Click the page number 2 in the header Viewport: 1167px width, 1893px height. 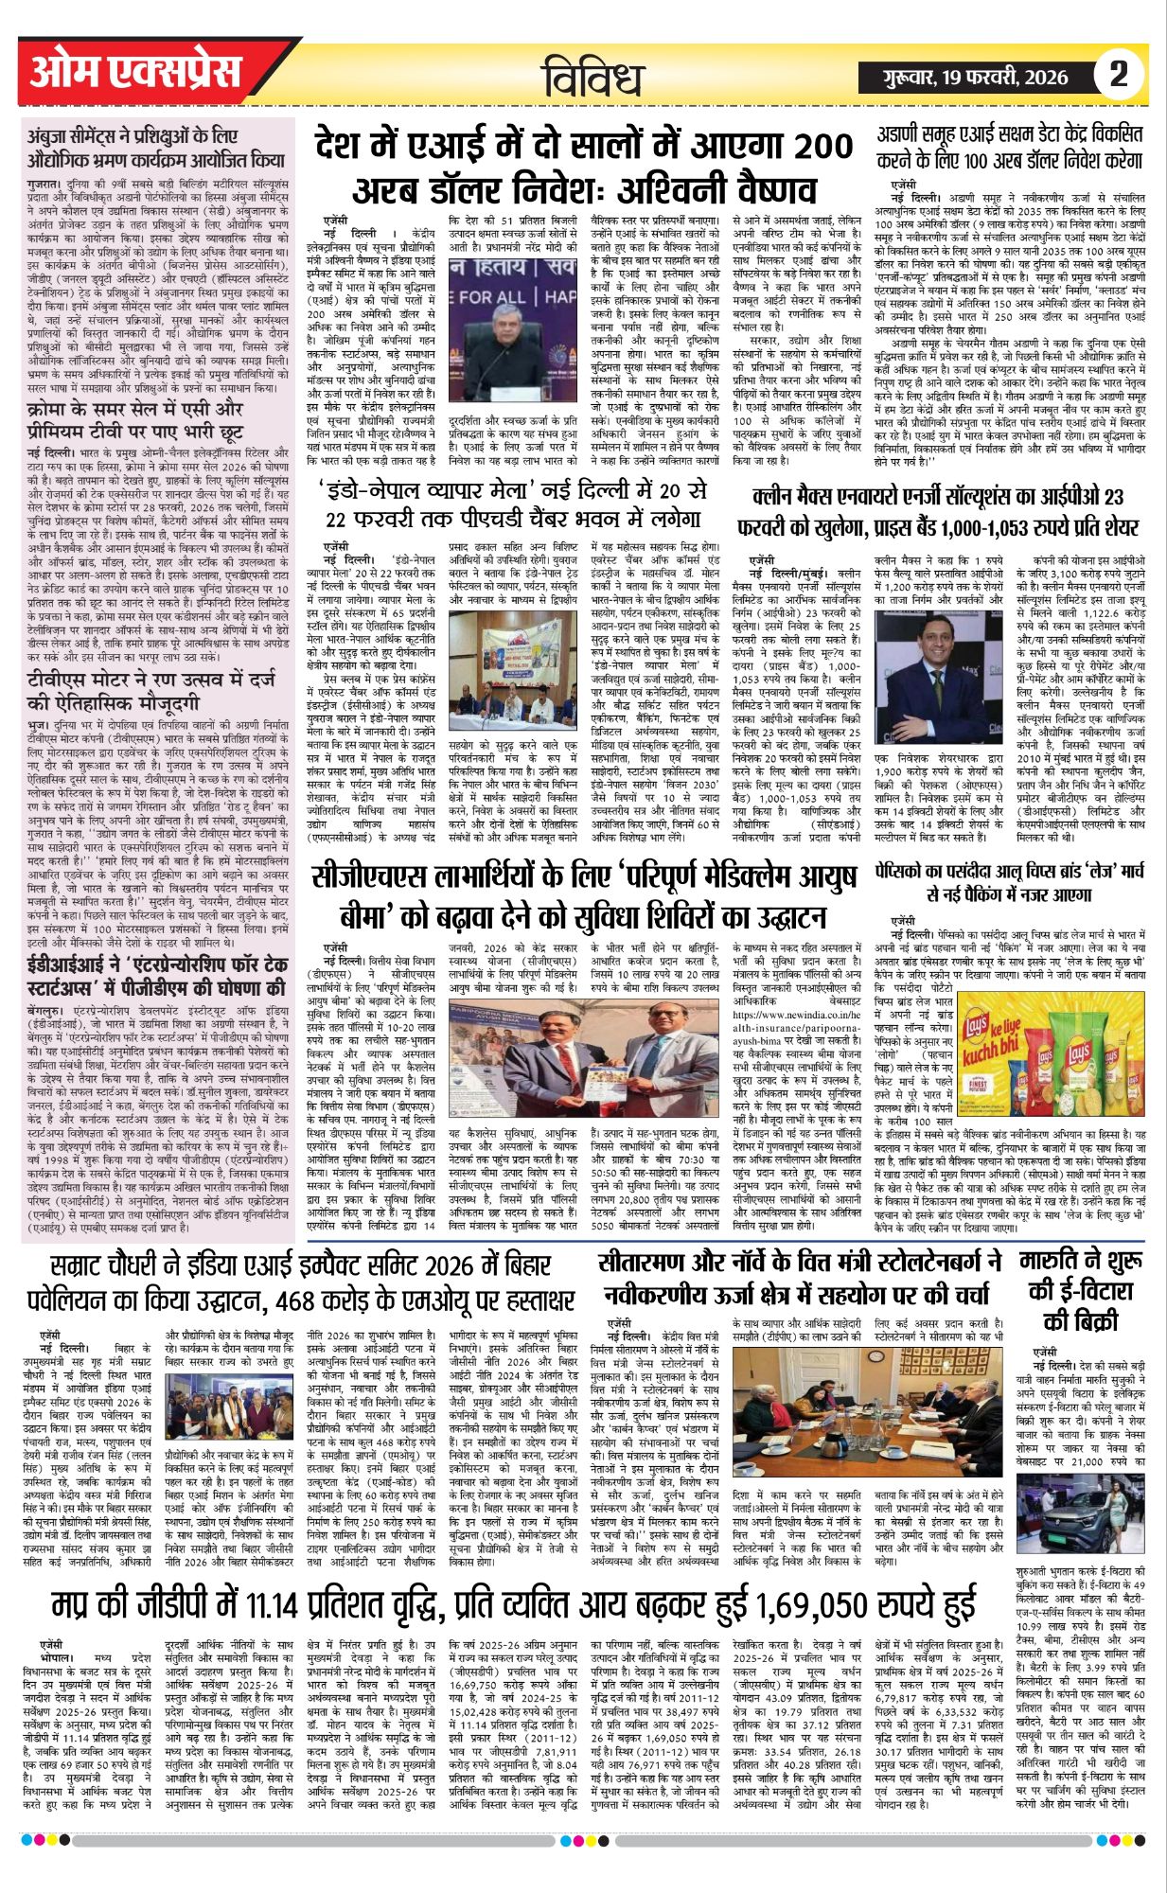point(1119,75)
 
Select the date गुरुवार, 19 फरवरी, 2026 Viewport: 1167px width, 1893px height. point(974,76)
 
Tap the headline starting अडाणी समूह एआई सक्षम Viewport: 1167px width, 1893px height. point(1010,144)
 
